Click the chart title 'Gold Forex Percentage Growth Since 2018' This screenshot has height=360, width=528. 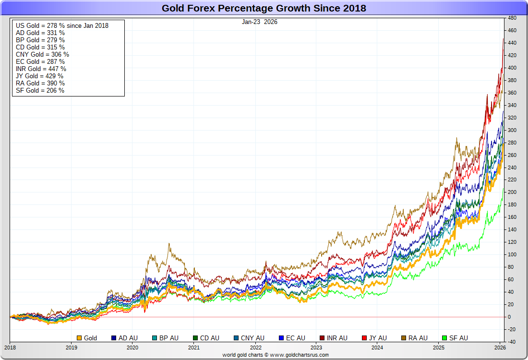[x=264, y=8]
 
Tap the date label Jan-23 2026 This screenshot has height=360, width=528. [x=259, y=22]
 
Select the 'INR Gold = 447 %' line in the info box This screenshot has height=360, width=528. [x=41, y=69]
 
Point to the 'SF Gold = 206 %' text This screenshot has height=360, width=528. [x=40, y=90]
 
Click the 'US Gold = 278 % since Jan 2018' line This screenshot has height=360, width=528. [x=62, y=25]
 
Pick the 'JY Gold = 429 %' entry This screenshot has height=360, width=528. [x=39, y=76]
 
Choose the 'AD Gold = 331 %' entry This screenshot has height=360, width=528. [x=40, y=33]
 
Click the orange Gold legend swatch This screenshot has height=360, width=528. [x=80, y=338]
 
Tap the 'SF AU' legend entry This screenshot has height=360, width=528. [x=456, y=338]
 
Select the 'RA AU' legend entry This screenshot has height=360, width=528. [x=415, y=338]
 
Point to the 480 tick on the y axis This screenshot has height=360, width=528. [x=512, y=18]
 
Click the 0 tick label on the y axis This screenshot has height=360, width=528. [x=510, y=317]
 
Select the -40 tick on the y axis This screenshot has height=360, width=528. [x=512, y=342]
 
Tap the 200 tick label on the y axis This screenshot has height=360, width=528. [x=512, y=192]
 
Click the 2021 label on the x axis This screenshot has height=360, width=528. [x=193, y=348]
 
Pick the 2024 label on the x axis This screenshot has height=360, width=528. [x=377, y=348]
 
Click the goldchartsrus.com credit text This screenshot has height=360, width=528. [x=276, y=355]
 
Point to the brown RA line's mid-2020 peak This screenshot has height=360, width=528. [x=169, y=244]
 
